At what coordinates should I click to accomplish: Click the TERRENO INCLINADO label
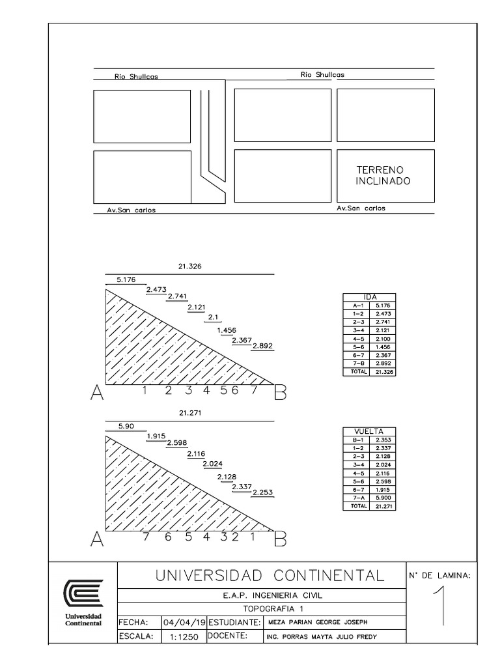(x=383, y=175)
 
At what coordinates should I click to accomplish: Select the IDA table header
(x=370, y=296)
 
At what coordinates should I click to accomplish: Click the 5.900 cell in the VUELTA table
(x=382, y=498)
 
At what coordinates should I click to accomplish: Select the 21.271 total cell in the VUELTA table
(x=382, y=506)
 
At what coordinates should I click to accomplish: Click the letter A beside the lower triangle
(x=96, y=539)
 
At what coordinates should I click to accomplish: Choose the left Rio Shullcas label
(x=136, y=76)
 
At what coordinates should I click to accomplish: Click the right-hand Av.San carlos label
(x=361, y=208)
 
